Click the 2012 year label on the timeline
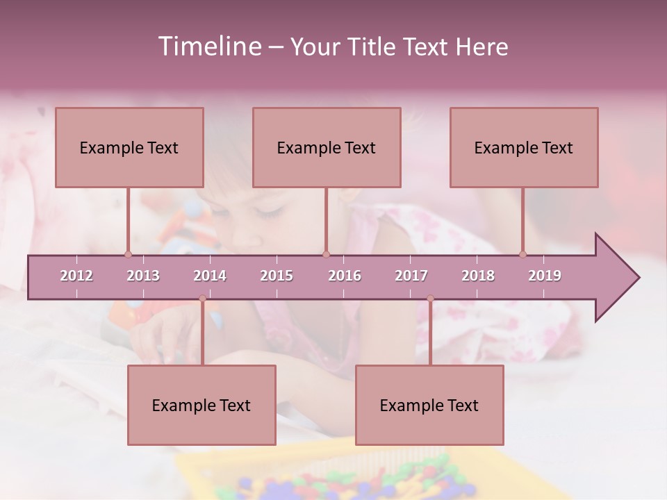tap(76, 276)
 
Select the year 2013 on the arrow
tap(143, 276)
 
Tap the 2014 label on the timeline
tap(210, 276)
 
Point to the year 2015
tap(277, 276)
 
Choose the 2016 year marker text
tap(345, 276)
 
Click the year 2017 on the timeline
tap(411, 276)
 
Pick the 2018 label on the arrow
tap(478, 276)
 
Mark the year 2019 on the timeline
tap(545, 276)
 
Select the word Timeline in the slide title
tap(208, 47)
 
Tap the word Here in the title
tap(481, 47)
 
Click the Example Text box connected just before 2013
tap(129, 147)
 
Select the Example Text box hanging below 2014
tap(201, 405)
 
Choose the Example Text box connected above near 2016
tap(327, 147)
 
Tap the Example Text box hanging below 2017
tap(429, 405)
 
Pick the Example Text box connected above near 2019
tap(524, 147)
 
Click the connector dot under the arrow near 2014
tap(202, 299)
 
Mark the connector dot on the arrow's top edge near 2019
tap(523, 254)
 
